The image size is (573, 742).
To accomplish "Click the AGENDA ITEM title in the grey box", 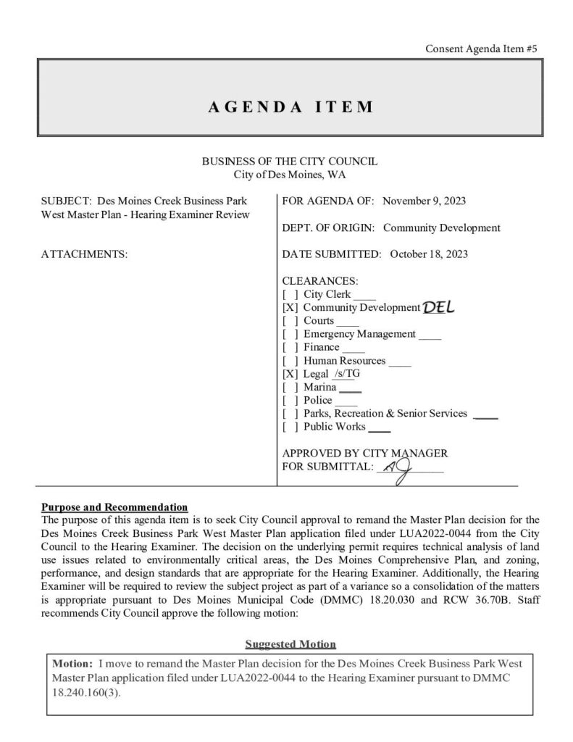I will point(290,107).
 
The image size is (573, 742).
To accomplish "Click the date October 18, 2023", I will point(429,254).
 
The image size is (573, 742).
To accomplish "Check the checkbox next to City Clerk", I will point(290,295).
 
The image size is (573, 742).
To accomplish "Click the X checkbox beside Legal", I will point(290,374).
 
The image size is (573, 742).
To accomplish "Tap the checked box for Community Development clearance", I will point(290,308).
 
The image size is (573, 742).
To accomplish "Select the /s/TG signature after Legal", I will point(346,374).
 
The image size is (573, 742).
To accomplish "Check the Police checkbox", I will point(290,401).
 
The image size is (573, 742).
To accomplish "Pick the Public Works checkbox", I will point(290,427).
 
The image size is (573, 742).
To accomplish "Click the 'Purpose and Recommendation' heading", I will point(115,507).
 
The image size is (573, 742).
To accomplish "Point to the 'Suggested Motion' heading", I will point(290,643).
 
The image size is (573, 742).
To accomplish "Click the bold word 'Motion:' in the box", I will point(72,664).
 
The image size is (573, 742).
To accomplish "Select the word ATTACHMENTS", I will point(85,254).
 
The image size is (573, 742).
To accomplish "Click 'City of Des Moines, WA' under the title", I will point(290,175).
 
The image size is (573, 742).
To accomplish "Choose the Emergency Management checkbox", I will point(290,334).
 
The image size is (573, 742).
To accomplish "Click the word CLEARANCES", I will point(319,281).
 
